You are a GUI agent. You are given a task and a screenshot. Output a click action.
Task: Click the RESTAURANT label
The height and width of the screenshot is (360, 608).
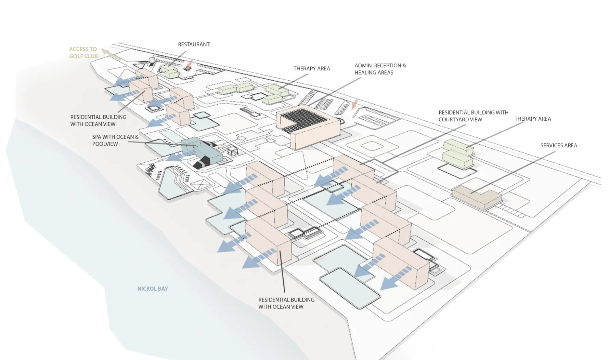click(x=194, y=44)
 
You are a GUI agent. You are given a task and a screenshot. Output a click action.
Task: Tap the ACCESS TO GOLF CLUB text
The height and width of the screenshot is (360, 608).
click(x=83, y=53)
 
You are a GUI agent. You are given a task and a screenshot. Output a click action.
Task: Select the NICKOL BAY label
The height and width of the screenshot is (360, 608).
click(x=153, y=289)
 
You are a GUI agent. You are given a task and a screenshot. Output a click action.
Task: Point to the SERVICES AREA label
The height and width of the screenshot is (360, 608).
click(x=559, y=146)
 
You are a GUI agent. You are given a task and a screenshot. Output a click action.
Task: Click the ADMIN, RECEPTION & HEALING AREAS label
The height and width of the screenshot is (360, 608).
click(x=380, y=69)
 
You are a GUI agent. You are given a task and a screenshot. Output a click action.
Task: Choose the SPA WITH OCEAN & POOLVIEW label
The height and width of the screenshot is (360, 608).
click(x=115, y=141)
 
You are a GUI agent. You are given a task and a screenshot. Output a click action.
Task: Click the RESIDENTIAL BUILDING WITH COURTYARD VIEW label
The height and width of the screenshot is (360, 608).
click(x=473, y=116)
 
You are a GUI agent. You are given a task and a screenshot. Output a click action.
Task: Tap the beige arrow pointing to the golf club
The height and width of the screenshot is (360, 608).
click(x=111, y=55)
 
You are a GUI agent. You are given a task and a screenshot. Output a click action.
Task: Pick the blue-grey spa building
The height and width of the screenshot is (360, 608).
click(x=202, y=150)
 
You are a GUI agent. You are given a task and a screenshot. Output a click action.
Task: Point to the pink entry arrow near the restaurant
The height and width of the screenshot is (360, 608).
click(x=189, y=64)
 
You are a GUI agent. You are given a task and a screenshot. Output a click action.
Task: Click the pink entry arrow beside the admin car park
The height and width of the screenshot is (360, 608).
click(x=355, y=104)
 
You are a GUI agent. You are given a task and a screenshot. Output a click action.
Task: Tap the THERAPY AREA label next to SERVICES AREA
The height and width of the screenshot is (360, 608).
click(x=533, y=119)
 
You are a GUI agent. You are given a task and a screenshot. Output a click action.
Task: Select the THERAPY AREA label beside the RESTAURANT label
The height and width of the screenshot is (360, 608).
click(x=312, y=69)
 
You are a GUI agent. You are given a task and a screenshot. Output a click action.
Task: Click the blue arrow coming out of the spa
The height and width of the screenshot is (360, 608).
click(x=178, y=157)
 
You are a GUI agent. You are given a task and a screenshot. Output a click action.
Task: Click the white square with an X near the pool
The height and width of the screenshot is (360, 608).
click(x=201, y=185)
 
